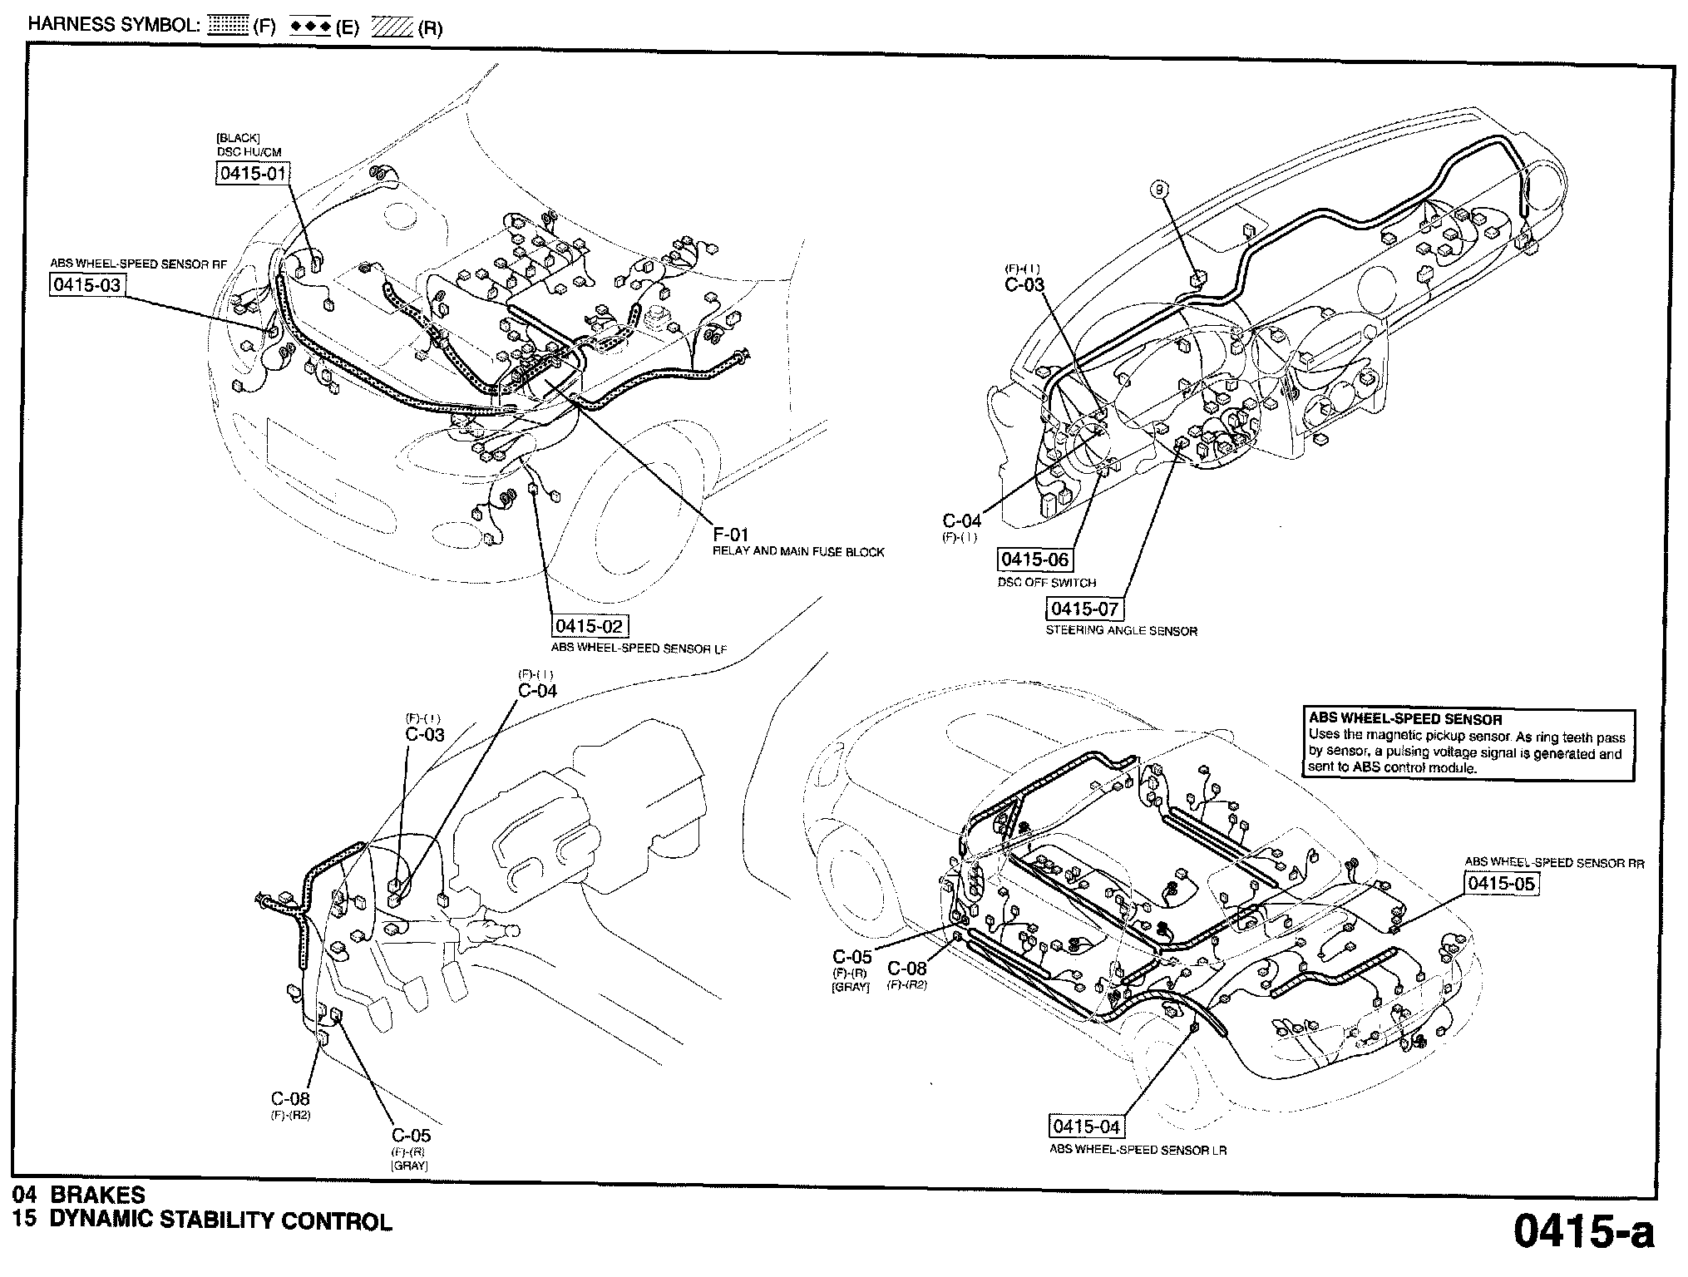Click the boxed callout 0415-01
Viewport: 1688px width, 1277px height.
coord(253,173)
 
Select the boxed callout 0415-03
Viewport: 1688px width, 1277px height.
coord(86,285)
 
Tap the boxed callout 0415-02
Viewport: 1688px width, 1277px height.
coord(589,626)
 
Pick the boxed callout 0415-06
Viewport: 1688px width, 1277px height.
coord(1034,560)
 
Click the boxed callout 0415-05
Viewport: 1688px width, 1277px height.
coord(1501,883)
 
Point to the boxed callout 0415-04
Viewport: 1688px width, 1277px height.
coord(1086,1127)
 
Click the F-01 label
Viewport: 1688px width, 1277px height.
coord(731,534)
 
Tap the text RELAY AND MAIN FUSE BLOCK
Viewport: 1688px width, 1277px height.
coord(798,552)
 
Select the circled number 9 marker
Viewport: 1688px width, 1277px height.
coord(1160,190)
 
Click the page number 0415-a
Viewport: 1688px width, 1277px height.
coord(1583,1232)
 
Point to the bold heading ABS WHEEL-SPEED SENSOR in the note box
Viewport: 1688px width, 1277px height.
coord(1404,720)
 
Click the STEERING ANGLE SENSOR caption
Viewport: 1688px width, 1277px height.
coord(1121,631)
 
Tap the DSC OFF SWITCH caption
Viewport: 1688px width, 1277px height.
coord(1046,583)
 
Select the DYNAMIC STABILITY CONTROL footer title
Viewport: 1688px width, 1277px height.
coord(220,1221)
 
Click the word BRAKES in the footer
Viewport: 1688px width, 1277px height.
coord(97,1196)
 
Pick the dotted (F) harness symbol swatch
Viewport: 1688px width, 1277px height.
coord(227,27)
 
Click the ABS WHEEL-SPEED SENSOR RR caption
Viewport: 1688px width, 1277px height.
coord(1554,863)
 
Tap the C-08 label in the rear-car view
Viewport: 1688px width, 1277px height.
coord(906,969)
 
